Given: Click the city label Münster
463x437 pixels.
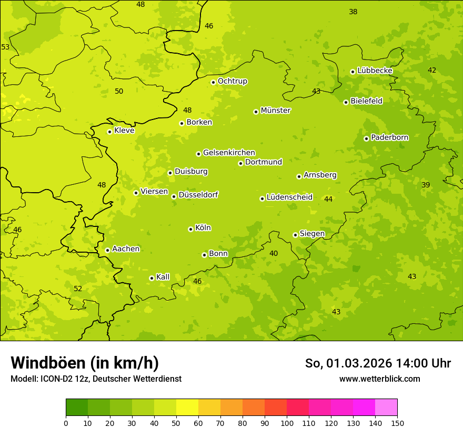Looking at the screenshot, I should point(276,111).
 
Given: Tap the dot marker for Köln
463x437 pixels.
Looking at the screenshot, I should point(190,229).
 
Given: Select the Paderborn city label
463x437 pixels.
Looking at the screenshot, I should point(389,137).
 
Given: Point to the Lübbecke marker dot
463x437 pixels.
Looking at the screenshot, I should point(353,72).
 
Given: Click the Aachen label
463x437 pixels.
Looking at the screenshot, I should point(126,249).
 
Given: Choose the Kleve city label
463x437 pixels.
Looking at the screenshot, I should point(124,131).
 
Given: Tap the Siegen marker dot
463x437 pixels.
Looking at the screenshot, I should point(295,235).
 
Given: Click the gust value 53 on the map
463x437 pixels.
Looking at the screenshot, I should point(5,47).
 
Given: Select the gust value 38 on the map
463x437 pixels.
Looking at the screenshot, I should point(353,12).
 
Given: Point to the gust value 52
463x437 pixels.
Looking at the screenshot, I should point(78,289).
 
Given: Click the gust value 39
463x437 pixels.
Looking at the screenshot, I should point(426,185).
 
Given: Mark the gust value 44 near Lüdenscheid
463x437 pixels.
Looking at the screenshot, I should point(328,199).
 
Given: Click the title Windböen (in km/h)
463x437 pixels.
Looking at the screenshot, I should point(85,363).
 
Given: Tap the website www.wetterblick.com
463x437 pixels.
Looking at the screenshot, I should point(379,379).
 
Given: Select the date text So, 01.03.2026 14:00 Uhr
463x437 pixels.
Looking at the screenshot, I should point(378,363).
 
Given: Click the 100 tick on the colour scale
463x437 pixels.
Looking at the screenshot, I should point(287,423).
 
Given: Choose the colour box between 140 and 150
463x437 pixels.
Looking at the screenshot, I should point(386,408).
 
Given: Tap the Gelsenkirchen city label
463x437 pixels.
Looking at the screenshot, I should point(229,153).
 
